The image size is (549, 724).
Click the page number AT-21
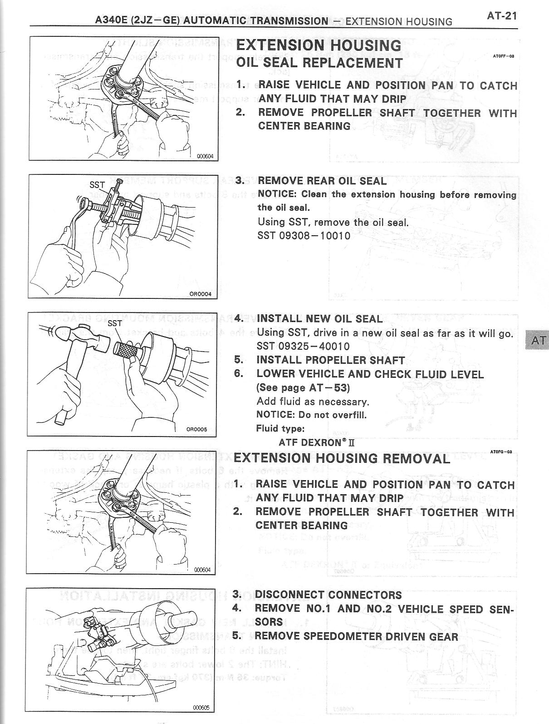501,16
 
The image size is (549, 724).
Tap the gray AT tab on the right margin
536,340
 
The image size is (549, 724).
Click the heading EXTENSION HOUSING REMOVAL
342,458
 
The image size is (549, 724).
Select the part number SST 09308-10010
304,236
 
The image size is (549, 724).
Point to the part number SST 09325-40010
303,347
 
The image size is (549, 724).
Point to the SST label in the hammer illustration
115,323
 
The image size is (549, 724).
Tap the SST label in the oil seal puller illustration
97,185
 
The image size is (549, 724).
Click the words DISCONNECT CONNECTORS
328,595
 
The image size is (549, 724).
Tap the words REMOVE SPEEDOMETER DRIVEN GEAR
356,636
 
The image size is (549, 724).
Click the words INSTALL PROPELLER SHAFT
330,360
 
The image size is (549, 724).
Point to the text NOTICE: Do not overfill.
311,415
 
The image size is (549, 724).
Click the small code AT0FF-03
502,57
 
